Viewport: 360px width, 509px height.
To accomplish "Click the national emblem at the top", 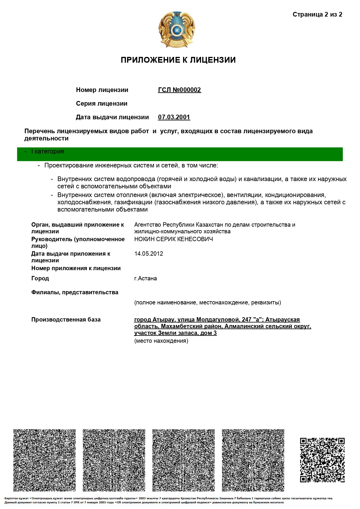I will coord(176,30).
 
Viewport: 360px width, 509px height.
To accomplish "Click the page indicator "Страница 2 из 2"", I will coord(317,15).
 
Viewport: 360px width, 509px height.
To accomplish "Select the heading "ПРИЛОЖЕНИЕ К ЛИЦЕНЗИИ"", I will coord(178,60).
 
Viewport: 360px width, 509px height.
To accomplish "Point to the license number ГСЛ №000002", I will coord(179,90).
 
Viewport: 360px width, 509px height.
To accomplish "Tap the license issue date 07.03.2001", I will coord(174,117).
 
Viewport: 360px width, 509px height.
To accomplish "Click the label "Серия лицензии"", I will coord(102,104).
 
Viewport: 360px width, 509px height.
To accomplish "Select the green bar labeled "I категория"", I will coord(180,154).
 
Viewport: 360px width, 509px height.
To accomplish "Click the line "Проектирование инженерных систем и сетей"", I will coord(131,165).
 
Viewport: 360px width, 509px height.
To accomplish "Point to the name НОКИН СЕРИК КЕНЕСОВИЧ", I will coord(173,239).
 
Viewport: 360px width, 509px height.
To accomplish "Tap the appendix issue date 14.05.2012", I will coord(149,254).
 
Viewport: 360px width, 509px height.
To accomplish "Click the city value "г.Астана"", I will coord(145,278).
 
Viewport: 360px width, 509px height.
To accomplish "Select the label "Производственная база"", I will coord(66,320).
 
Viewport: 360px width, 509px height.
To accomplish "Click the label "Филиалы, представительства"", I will coord(75,292).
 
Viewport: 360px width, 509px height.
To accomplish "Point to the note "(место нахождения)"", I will coord(161,341).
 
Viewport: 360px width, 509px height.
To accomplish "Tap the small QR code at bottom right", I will coord(322,460).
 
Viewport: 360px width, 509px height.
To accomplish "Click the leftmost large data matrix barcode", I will coord(44,460).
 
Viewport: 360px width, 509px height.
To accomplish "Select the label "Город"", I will coord(40,278).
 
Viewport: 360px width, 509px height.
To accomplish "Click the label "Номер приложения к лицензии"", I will coord(76,268).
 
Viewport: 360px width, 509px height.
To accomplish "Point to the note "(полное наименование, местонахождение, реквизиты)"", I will coord(207,302).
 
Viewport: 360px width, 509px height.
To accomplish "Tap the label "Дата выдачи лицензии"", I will coord(112,117).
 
